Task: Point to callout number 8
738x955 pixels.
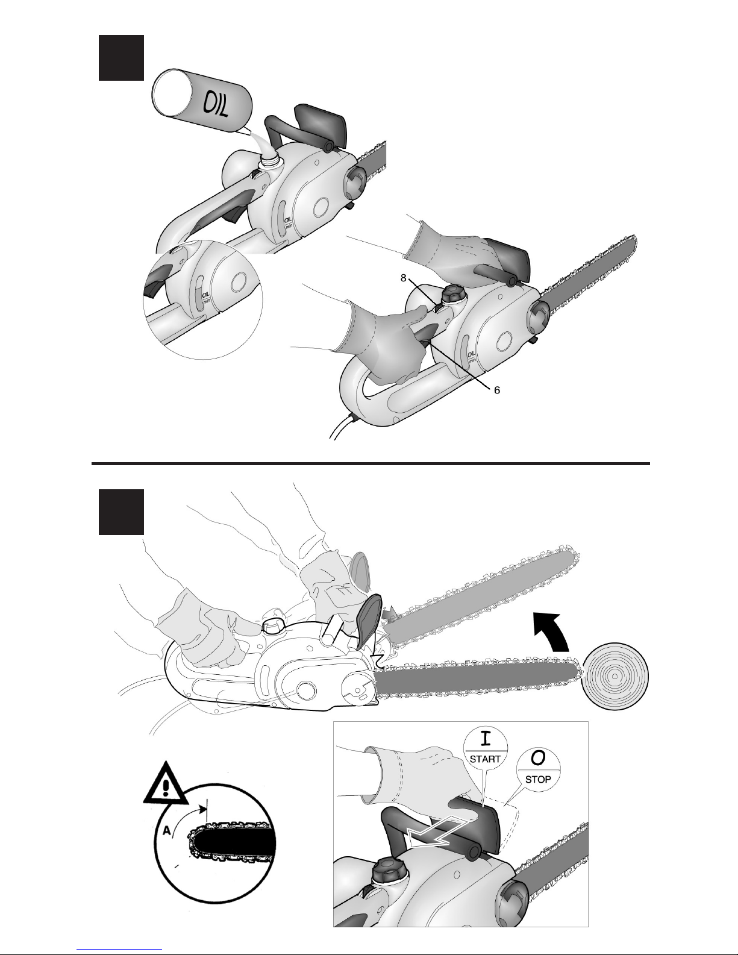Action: (403, 278)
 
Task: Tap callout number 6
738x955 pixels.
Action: (497, 390)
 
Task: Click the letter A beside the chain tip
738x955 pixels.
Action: (166, 830)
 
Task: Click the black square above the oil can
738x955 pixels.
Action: (121, 58)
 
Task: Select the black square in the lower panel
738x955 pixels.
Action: (121, 512)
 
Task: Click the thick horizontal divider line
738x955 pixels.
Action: (371, 463)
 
